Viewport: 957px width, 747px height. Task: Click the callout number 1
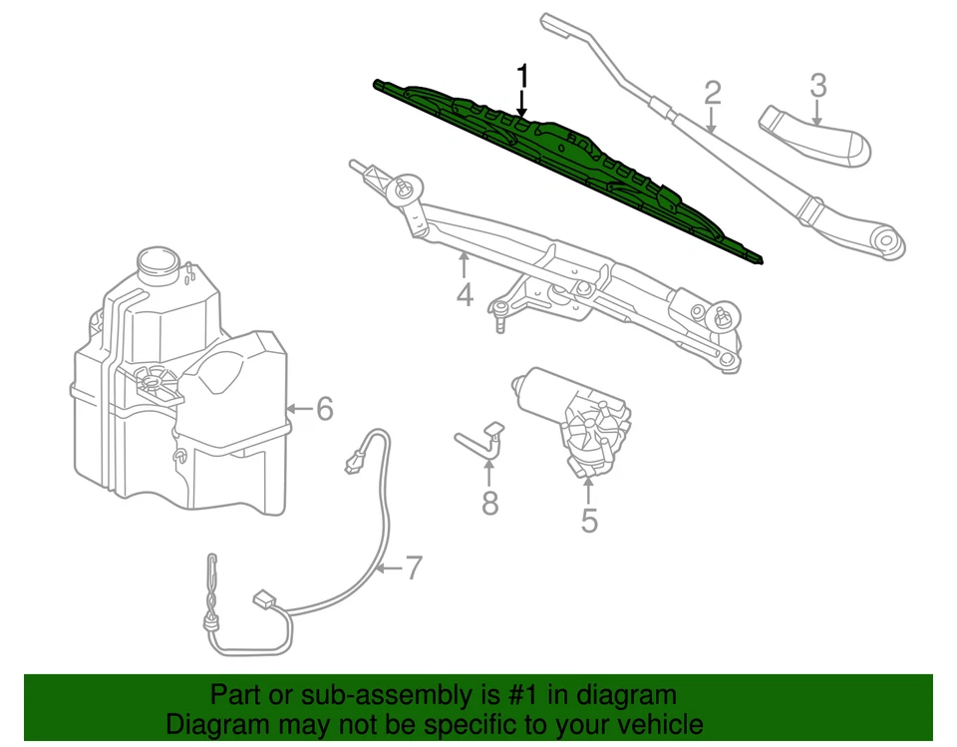(521, 76)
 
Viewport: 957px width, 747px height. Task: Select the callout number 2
(712, 94)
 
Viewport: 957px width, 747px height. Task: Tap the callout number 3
(817, 86)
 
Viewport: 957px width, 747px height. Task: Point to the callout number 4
(464, 295)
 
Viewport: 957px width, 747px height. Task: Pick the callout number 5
(589, 520)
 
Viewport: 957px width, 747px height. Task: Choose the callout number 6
(324, 409)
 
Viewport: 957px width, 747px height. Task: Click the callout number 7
(412, 569)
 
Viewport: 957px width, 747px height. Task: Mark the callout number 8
(489, 504)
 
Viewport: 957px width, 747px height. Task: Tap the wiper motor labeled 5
(578, 419)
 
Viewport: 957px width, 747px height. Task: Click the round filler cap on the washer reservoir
(156, 261)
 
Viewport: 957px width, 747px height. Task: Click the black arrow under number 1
(521, 106)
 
